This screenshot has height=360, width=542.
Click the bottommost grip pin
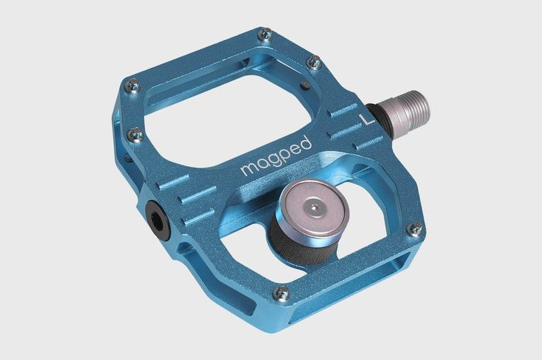coord(281,293)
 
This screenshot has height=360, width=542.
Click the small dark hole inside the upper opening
coord(303,85)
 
